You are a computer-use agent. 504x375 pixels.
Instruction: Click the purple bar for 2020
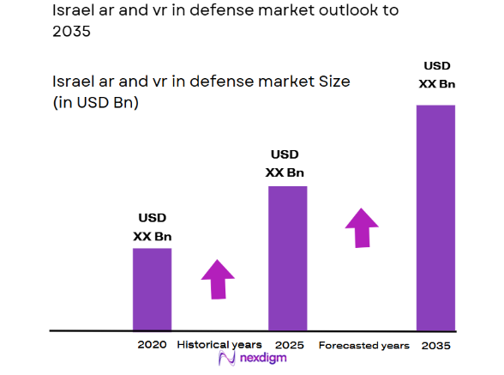(x=152, y=288)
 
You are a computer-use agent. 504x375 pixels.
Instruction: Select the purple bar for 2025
(x=288, y=257)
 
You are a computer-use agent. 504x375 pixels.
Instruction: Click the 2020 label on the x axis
(x=152, y=345)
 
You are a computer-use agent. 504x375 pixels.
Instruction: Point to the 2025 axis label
(x=288, y=345)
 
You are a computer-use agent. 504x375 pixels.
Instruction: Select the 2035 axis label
(x=435, y=345)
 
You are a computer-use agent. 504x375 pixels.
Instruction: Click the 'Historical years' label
(x=219, y=345)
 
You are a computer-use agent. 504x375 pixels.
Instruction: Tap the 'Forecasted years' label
(x=363, y=345)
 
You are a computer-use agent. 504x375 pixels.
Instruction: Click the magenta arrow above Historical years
(x=218, y=279)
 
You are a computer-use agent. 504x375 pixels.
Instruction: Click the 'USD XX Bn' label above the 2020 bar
(x=152, y=227)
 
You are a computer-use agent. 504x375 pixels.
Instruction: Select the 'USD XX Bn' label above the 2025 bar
(x=285, y=163)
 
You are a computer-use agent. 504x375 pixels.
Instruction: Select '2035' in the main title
(x=71, y=33)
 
